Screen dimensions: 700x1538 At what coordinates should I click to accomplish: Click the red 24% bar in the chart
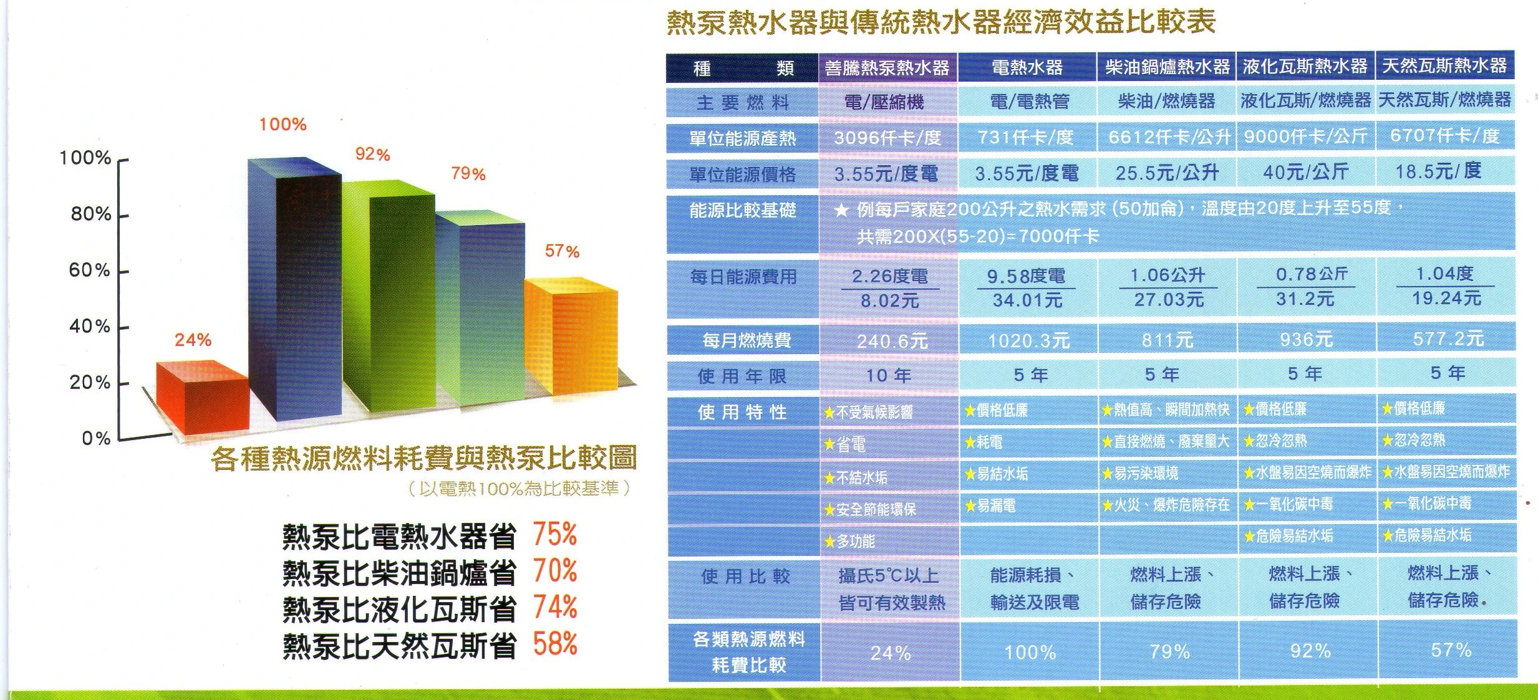pos(201,399)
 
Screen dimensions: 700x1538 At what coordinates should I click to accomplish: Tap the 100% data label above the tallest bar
pos(283,125)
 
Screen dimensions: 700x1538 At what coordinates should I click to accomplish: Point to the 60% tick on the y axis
pos(90,271)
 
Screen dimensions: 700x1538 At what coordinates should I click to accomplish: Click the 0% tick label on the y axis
pos(96,438)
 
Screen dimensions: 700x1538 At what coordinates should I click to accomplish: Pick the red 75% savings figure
pos(554,535)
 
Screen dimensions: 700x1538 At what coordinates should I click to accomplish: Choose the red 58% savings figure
pos(554,644)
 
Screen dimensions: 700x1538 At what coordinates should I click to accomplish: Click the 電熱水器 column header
pos(1027,67)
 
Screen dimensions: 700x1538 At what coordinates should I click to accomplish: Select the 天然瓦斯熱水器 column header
pos(1444,66)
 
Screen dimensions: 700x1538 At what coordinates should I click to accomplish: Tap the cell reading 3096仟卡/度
pos(887,138)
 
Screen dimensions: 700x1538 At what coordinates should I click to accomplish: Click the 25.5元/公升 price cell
pos(1166,173)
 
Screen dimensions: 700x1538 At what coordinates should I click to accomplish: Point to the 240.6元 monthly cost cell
pos(892,341)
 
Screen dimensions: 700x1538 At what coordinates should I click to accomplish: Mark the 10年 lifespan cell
pos(889,375)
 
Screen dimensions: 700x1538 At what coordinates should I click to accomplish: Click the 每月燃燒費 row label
pos(747,340)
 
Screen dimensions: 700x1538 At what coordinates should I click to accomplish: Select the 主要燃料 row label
pos(743,102)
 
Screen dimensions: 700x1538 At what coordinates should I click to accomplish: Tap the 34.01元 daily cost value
pos(1027,300)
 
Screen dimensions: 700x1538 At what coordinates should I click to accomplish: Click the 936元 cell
pos(1306,340)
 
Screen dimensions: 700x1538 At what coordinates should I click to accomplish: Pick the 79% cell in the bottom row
pos(1169,651)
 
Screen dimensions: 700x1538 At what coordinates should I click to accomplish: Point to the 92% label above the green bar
pos(372,154)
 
